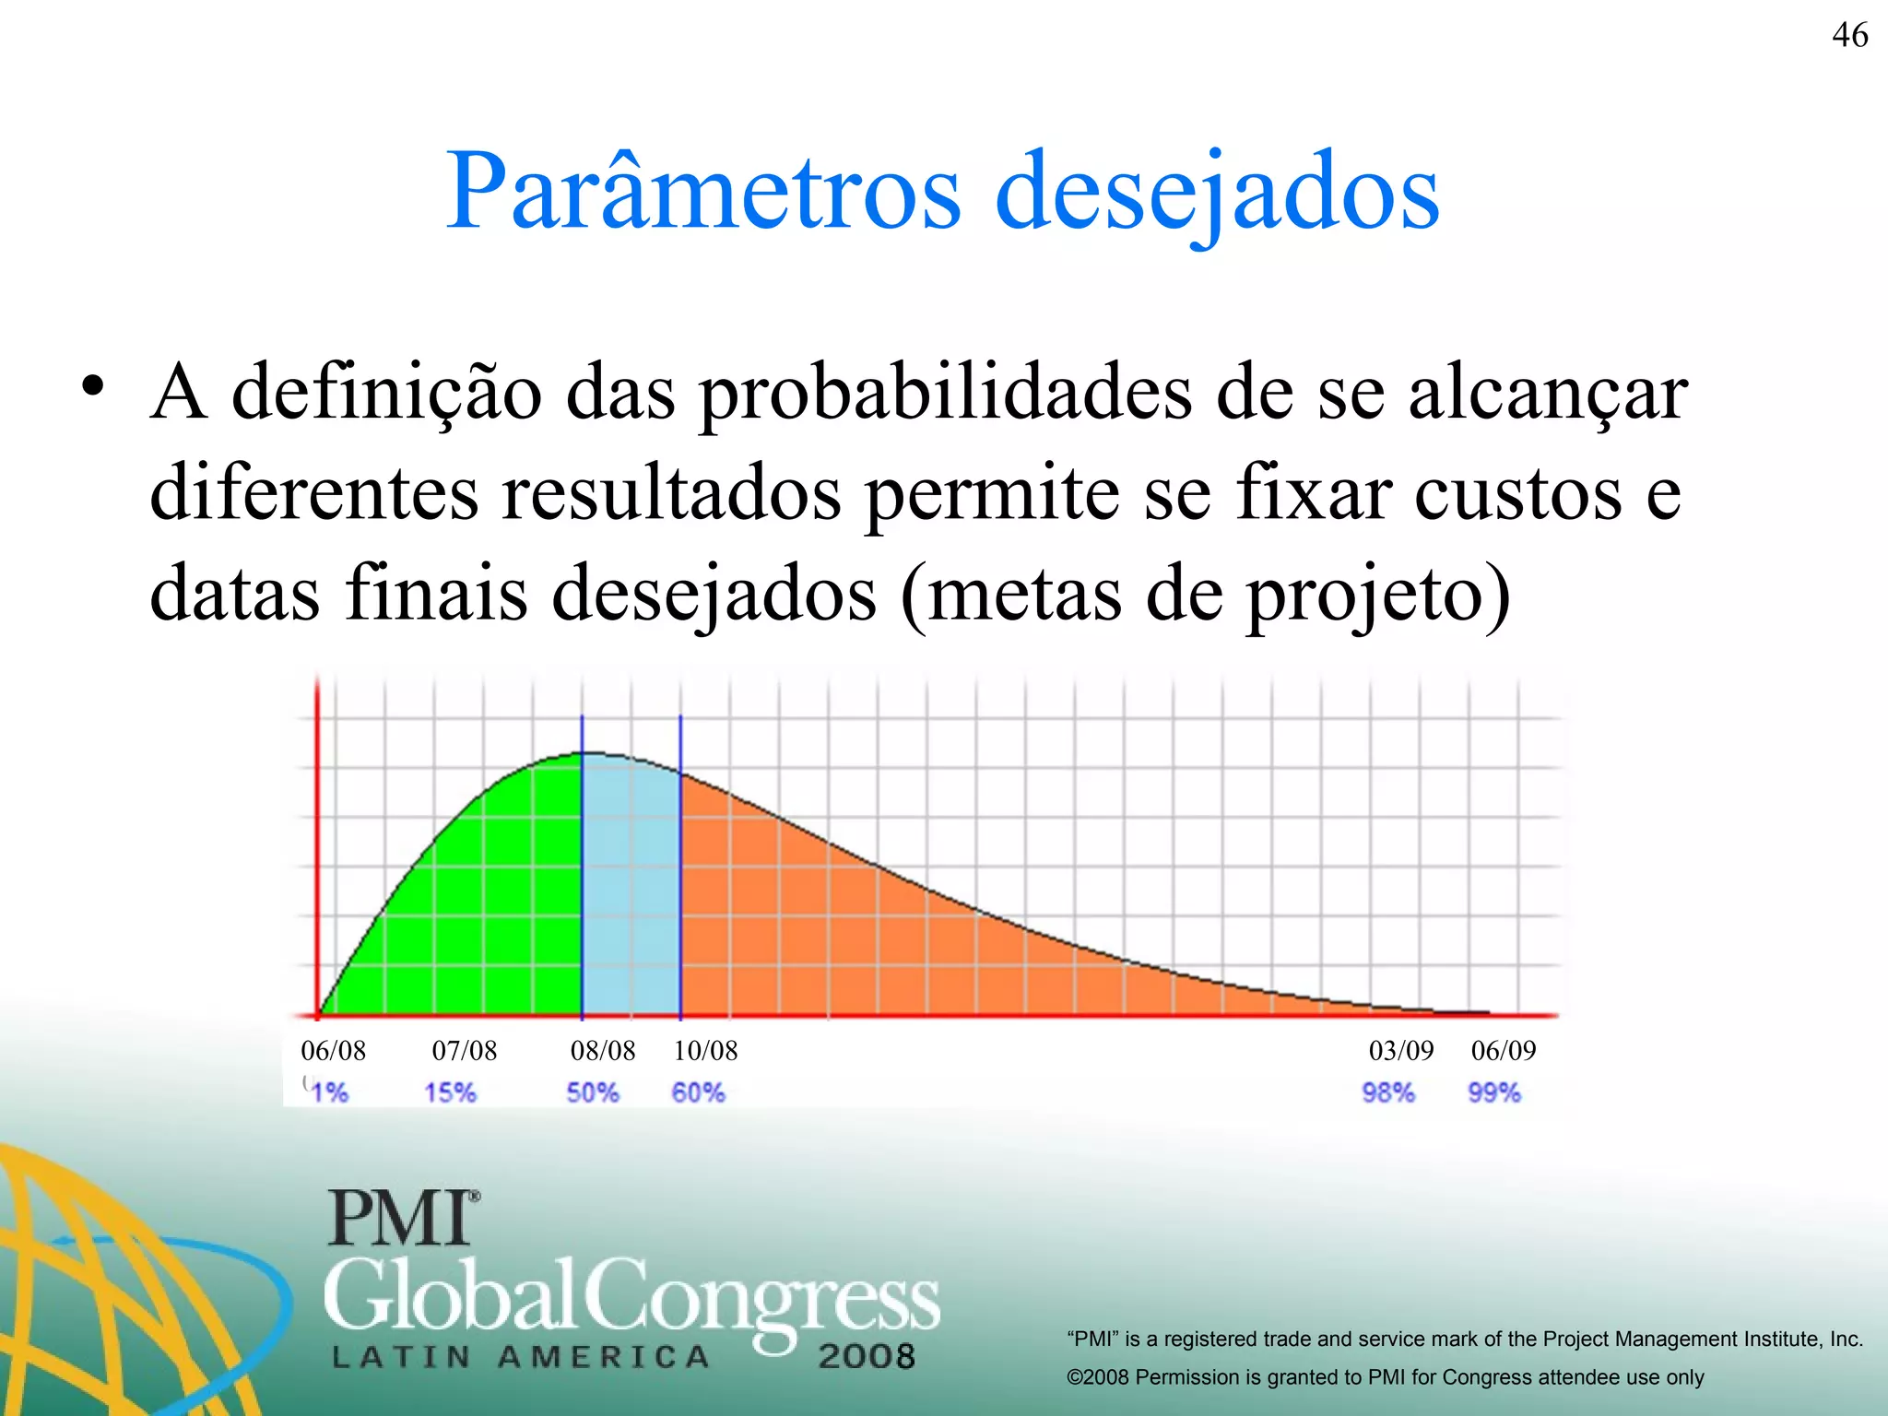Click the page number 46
(1849, 36)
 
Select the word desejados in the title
(1217, 194)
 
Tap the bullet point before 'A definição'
(91, 387)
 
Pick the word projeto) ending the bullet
(1377, 596)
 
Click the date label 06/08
(333, 1050)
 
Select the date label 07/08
(464, 1050)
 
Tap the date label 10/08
(705, 1050)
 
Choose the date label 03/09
(1401, 1050)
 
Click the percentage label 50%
(593, 1093)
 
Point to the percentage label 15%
(450, 1093)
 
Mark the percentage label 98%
(1388, 1093)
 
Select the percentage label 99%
(1494, 1093)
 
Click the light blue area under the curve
(631, 885)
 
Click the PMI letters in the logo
(402, 1218)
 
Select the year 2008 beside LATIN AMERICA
(866, 1356)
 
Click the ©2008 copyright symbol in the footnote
(1075, 1377)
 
